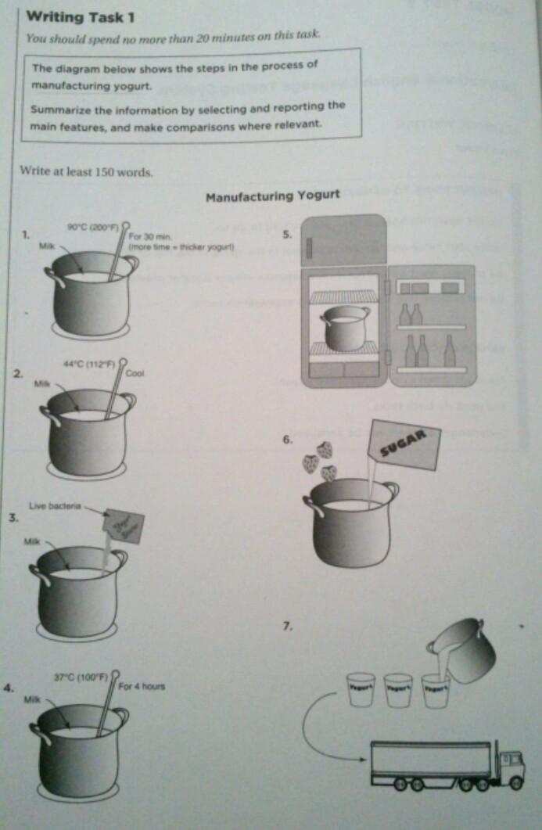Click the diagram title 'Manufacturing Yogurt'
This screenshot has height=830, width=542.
[272, 196]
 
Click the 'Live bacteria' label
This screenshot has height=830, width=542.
[55, 507]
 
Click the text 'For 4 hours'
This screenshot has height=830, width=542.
[142, 687]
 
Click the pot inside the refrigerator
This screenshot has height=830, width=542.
[344, 328]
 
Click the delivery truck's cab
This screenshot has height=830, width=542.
[510, 764]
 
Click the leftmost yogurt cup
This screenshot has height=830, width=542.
[361, 689]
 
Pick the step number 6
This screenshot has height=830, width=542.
[288, 440]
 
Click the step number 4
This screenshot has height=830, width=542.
[8, 688]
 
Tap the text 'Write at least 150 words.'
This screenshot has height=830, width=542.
[86, 171]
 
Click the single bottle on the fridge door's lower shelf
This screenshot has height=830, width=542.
[449, 351]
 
